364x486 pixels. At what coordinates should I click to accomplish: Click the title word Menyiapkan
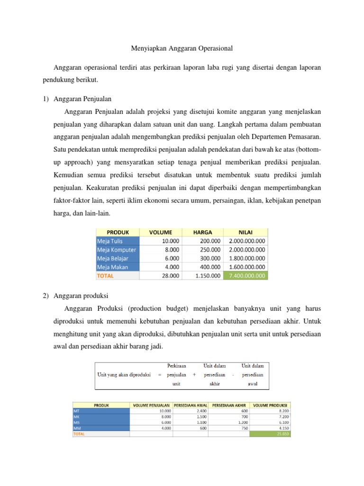click(147, 48)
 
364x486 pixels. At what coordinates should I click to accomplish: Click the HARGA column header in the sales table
click(203, 232)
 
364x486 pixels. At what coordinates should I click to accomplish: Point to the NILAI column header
click(246, 232)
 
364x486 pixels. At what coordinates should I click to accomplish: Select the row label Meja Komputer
click(117, 250)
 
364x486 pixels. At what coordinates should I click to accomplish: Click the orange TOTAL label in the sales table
click(105, 275)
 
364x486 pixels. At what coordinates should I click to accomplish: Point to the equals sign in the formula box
click(160, 374)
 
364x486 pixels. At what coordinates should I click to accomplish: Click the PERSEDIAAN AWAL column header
click(191, 405)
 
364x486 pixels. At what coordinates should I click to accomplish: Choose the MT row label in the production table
click(76, 411)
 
